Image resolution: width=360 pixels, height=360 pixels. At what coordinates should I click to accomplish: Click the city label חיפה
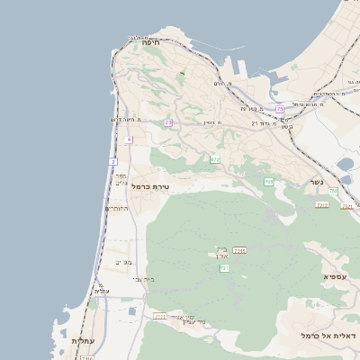coord(150,42)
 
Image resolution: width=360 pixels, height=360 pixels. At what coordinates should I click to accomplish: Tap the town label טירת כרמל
coord(150,186)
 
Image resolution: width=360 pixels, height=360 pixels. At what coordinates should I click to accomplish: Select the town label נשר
coord(317,181)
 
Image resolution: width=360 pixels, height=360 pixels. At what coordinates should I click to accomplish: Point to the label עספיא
coord(335,276)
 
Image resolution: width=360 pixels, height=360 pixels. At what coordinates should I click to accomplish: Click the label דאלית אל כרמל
coord(329,335)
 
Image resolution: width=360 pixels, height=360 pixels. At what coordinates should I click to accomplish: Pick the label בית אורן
coord(221,253)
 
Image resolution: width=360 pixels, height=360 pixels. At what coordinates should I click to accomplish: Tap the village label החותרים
coord(117,209)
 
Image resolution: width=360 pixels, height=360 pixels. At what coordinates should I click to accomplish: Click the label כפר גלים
coord(121,179)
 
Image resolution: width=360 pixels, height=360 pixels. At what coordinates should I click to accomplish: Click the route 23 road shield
coord(168,122)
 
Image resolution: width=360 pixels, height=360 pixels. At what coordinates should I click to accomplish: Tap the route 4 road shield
coord(129,140)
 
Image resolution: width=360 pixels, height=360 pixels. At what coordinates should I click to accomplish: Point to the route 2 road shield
coord(113,161)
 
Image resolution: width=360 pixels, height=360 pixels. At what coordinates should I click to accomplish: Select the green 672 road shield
coord(215,159)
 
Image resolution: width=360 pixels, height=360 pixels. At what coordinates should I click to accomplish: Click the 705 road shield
coord(269,182)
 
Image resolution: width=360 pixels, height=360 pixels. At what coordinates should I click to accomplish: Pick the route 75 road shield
coord(280,109)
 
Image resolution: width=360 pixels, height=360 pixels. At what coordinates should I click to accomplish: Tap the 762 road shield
coord(333,191)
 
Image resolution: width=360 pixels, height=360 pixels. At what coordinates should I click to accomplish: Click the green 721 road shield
coord(224,268)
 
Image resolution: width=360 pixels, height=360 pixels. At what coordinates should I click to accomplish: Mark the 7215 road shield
coord(239,250)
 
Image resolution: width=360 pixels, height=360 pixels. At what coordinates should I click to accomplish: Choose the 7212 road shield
coord(321,205)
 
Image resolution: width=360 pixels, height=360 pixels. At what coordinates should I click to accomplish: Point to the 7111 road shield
coord(160,317)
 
